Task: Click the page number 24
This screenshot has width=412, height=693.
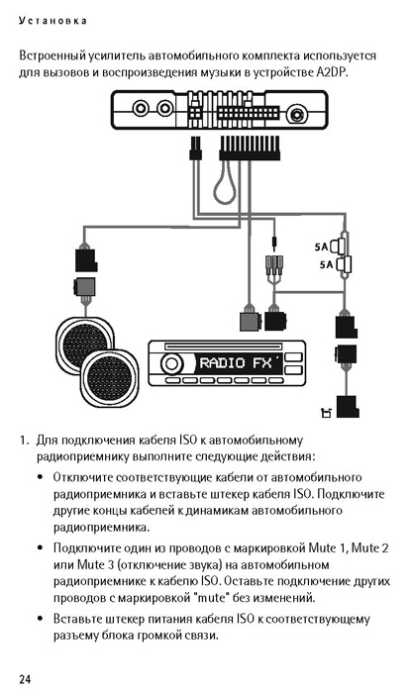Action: [25, 679]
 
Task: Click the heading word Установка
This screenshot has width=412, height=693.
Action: [52, 21]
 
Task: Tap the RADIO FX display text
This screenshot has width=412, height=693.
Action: [236, 363]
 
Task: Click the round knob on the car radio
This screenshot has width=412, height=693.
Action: [171, 363]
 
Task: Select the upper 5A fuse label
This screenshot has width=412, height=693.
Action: [321, 247]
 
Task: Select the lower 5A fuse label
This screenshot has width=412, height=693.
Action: [327, 265]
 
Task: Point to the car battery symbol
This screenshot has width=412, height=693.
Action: [326, 413]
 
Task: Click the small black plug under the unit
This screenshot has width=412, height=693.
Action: [194, 148]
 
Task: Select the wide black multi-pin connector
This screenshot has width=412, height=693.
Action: [250, 148]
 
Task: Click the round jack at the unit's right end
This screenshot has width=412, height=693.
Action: [296, 115]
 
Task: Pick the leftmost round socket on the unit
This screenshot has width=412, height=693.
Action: [142, 108]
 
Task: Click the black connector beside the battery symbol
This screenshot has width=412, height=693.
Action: [348, 407]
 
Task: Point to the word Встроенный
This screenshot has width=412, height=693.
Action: [51, 56]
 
